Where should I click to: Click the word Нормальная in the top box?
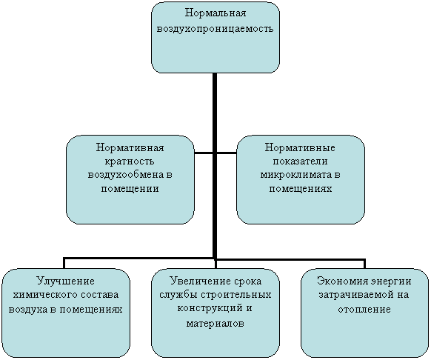click(215, 13)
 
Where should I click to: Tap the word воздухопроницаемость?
click(215, 29)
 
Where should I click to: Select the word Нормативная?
click(130, 147)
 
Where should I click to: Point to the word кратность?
click(130, 161)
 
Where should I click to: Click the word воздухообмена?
click(126, 175)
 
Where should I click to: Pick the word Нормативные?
click(300, 147)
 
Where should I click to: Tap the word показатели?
click(300, 161)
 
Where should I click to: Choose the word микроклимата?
click(296, 175)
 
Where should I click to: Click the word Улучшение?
click(65, 281)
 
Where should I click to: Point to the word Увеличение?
click(201, 281)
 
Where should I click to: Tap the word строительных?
click(235, 295)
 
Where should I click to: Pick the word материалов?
click(215, 323)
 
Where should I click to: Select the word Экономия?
click(342, 281)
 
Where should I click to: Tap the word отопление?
click(364, 309)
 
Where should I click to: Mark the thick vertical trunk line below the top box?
click(215, 166)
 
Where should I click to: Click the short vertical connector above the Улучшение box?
click(64, 263)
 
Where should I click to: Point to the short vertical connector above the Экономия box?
click(364, 264)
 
